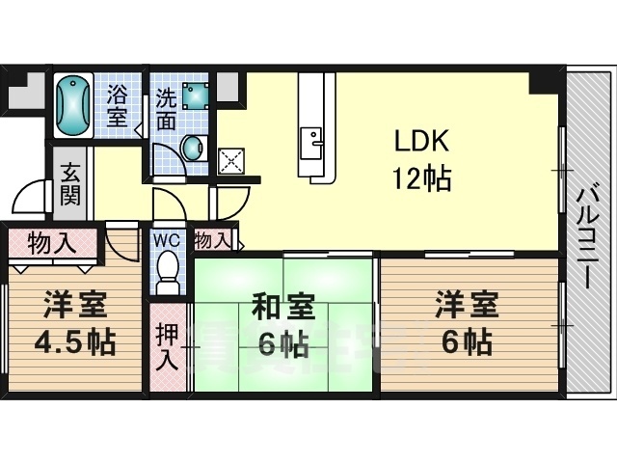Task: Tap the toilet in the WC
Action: (x=169, y=269)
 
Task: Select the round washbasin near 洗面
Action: (x=194, y=148)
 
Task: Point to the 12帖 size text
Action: (x=420, y=178)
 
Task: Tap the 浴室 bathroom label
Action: (x=117, y=106)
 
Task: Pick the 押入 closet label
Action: (x=167, y=347)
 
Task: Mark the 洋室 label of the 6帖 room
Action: (x=467, y=308)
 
